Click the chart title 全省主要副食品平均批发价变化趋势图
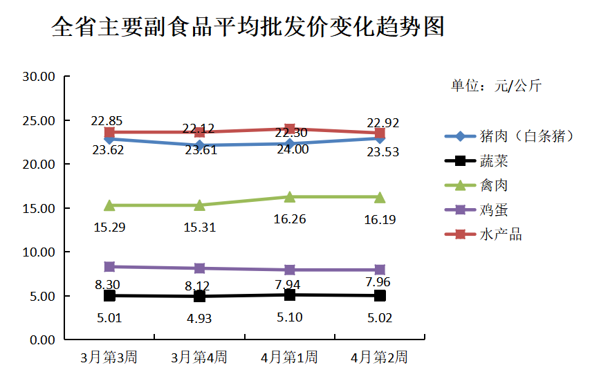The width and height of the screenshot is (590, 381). click(x=248, y=27)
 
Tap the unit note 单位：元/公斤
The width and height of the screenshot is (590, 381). click(x=496, y=86)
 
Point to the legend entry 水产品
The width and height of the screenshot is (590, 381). click(x=500, y=234)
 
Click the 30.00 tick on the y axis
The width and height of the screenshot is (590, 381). click(x=38, y=77)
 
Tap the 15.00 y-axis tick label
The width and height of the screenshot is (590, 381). click(x=38, y=208)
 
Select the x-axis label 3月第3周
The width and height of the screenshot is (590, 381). click(x=109, y=357)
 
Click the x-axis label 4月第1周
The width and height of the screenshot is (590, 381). click(x=289, y=357)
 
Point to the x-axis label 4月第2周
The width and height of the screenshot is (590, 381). click(x=379, y=357)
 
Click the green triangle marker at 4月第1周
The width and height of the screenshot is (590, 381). click(x=290, y=197)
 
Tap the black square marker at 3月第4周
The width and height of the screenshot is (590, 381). click(x=199, y=297)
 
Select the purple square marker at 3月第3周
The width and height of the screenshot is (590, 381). click(x=109, y=266)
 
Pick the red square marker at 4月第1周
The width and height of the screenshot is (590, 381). click(x=290, y=129)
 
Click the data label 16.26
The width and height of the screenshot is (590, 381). click(x=290, y=219)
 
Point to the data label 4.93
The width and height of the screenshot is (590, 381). click(x=199, y=319)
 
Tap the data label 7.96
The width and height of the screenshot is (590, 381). click(x=380, y=282)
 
